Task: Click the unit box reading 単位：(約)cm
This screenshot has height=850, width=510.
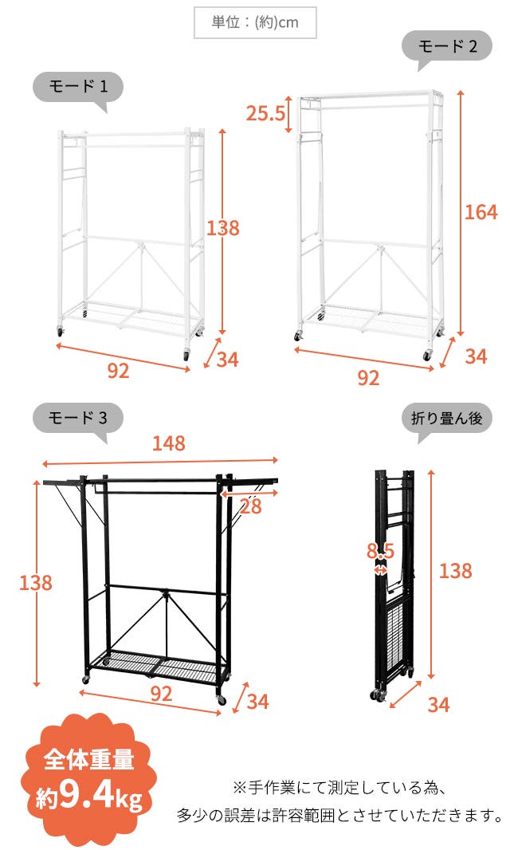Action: coord(255,22)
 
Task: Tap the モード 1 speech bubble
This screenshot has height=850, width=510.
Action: coord(78,89)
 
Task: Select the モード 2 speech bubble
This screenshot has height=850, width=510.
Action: coord(446,47)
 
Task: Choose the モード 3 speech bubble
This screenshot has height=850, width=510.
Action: coord(78,419)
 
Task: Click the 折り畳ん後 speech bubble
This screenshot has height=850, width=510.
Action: coord(446,419)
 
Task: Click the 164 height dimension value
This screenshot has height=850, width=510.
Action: coord(481,211)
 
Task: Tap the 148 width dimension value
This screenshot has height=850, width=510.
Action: coord(169,443)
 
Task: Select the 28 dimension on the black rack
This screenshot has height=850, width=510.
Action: coord(250,507)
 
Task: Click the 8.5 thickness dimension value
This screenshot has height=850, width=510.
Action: coord(380,551)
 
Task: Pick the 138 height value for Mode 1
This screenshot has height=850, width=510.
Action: coord(223,228)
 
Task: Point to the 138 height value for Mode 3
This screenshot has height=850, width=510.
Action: coord(36,583)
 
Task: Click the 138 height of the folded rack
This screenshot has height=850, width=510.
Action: coord(455,570)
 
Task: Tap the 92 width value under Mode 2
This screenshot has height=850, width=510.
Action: coord(368,378)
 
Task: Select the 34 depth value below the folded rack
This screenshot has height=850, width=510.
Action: coord(438,705)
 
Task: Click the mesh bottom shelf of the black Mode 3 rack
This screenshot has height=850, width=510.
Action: coord(157,667)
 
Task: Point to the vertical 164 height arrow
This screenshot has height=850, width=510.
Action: coord(461,213)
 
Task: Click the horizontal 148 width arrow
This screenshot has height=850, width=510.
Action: coord(160,462)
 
